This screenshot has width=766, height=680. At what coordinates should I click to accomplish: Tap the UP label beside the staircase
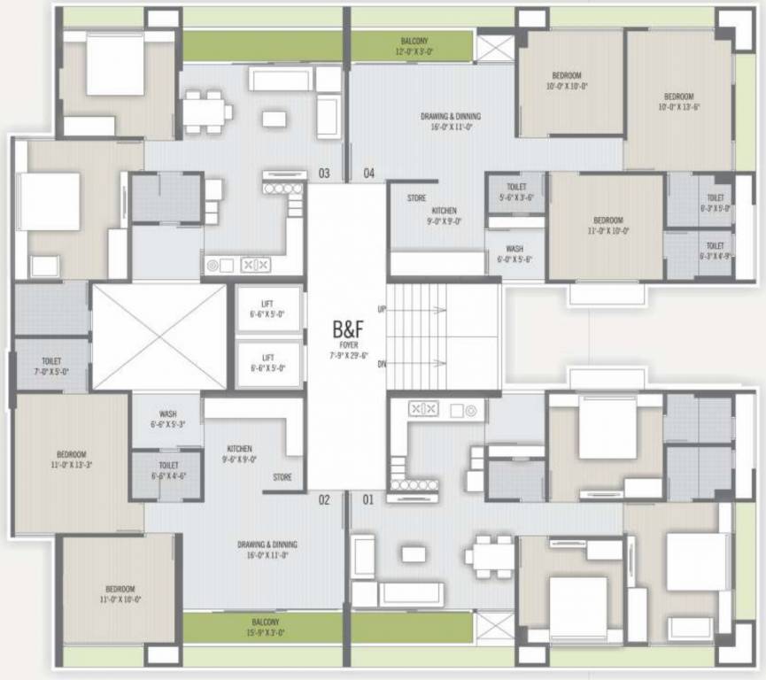coord(382,309)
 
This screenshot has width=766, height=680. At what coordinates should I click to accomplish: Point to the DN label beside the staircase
coord(382,364)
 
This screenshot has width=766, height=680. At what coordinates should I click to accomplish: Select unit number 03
coord(324,173)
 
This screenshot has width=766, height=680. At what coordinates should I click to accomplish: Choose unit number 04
coord(368,173)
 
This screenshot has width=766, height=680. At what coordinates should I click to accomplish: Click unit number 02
coord(324,500)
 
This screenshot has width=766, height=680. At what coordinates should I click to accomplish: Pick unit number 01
coord(368,500)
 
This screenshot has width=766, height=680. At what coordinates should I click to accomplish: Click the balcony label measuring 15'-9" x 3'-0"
coord(265,628)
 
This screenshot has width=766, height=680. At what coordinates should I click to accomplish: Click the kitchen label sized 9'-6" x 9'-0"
coord(241,453)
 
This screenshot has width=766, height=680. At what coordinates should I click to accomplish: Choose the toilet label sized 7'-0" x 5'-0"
coord(51,366)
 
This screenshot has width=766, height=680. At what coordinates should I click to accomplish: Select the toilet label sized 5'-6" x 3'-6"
coord(516,192)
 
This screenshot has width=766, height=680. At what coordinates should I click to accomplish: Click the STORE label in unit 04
coord(417,198)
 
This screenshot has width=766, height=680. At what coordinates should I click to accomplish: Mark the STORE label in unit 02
coord(282,477)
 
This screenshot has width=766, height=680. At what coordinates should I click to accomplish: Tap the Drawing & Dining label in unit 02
coord(267,550)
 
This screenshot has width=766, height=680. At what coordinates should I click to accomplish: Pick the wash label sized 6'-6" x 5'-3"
coord(167,419)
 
